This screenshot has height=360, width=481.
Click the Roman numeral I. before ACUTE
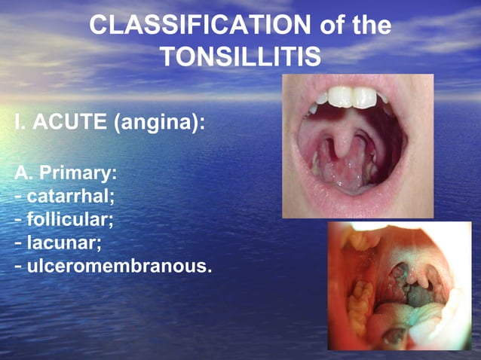[20, 122]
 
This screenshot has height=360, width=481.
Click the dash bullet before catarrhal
[18, 197]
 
